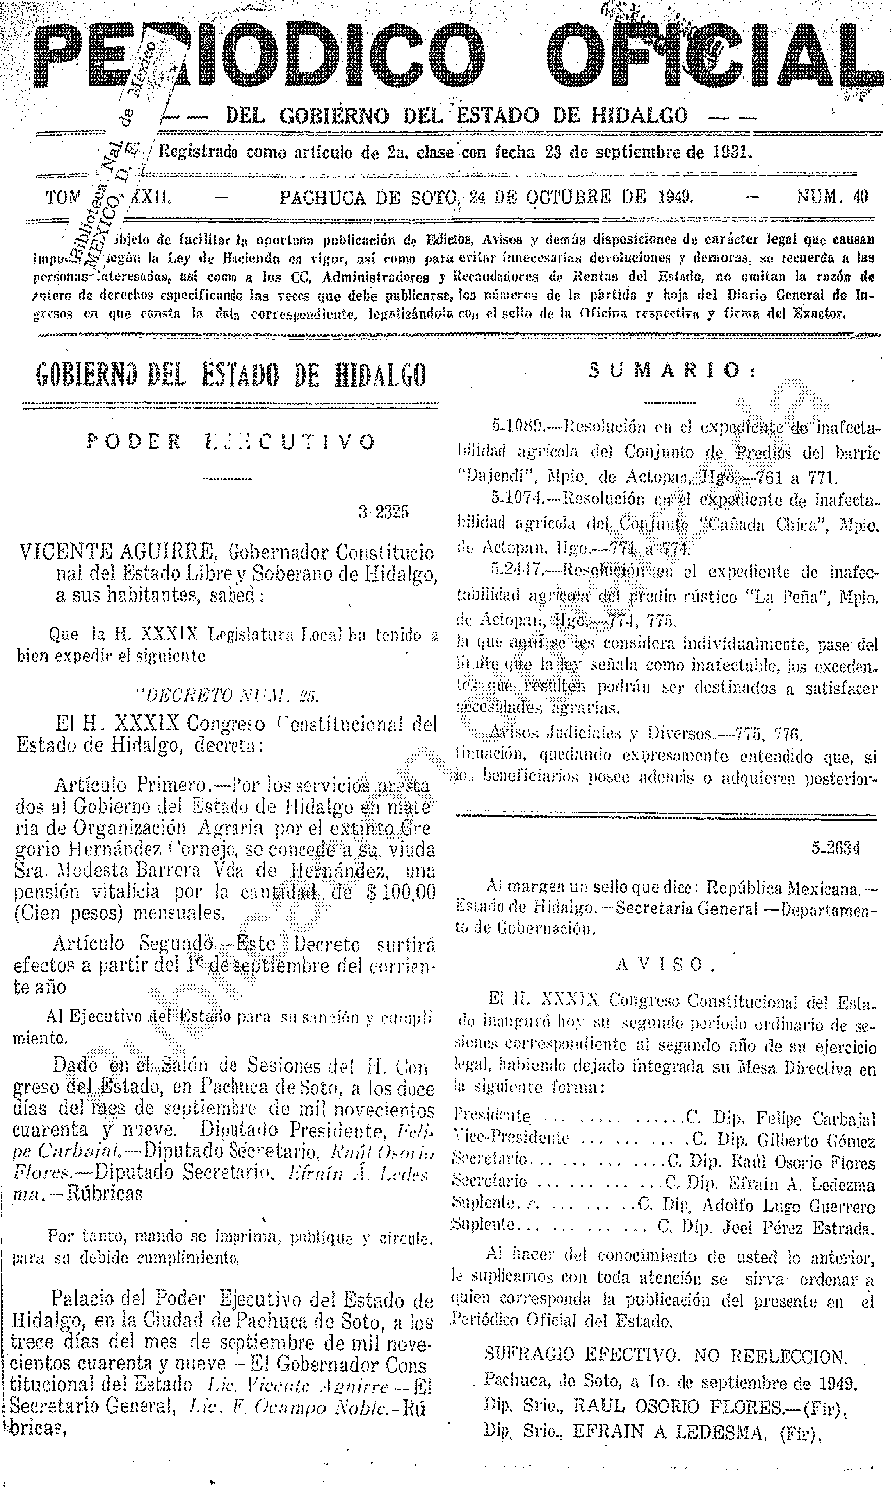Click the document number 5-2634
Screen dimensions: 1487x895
point(835,848)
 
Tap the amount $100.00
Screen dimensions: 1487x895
point(400,892)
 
